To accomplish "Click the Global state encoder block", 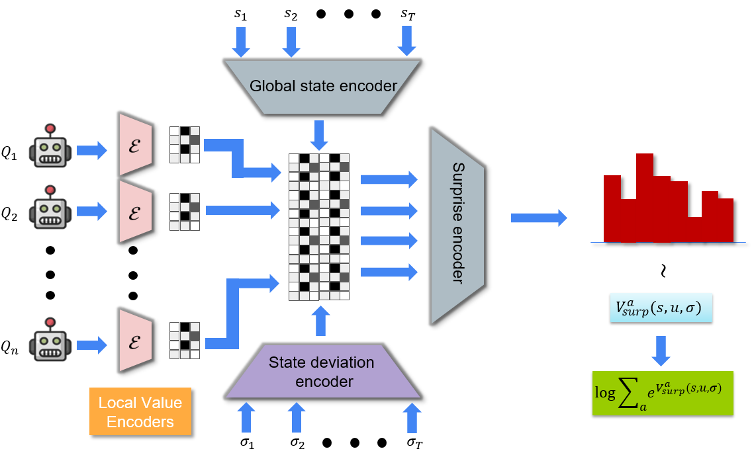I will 322,85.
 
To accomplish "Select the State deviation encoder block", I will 321,372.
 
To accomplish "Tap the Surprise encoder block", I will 458,225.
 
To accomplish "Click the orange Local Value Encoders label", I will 140,411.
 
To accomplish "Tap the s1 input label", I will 240,15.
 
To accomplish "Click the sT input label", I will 407,14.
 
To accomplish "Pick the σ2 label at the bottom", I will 297,442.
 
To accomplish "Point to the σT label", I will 414,442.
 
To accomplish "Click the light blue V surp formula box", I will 660,308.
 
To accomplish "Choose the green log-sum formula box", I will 663,394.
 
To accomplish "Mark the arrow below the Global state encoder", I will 320,134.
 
